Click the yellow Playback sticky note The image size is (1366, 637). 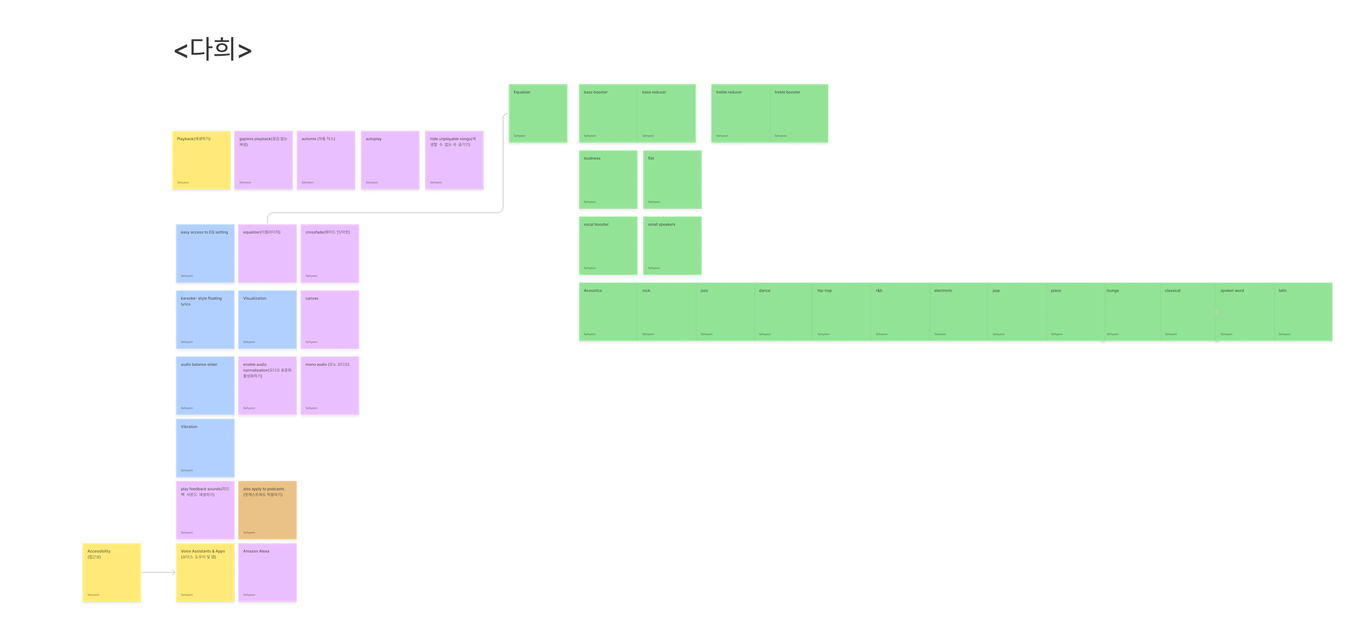click(201, 160)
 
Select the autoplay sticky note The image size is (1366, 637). click(390, 160)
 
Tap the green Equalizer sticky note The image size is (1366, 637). click(538, 113)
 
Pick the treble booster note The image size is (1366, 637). click(799, 113)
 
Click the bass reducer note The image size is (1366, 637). click(666, 113)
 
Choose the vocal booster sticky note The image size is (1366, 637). click(608, 246)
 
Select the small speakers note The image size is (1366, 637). click(672, 246)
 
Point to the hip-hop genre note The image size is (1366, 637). click(841, 312)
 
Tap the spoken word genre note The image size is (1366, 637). click(1244, 312)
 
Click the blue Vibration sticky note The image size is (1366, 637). click(205, 448)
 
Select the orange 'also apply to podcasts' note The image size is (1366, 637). click(268, 510)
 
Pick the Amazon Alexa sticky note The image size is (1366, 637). click(268, 573)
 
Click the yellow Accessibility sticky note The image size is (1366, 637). click(112, 573)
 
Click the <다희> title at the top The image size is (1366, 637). click(213, 51)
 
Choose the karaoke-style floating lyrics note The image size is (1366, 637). click(205, 320)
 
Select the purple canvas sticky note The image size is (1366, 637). click(330, 320)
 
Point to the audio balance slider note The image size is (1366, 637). click(205, 386)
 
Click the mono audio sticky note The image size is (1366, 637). click(330, 386)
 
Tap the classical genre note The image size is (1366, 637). click(1188, 312)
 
